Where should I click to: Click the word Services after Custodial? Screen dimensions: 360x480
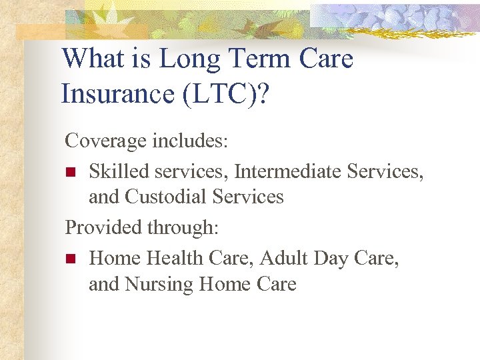pos(248,197)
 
